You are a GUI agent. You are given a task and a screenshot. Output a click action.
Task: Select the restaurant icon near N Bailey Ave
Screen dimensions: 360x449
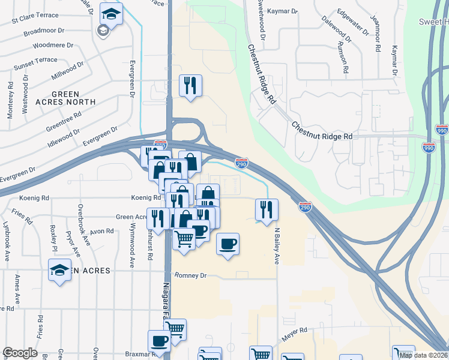pyautogui.click(x=266, y=209)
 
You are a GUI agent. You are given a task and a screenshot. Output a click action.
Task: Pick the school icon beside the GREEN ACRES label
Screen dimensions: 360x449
pyautogui.click(x=60, y=271)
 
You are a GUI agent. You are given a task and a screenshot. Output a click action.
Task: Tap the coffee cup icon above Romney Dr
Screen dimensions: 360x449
pyautogui.click(x=228, y=244)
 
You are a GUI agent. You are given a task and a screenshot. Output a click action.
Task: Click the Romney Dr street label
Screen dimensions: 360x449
pyautogui.click(x=190, y=275)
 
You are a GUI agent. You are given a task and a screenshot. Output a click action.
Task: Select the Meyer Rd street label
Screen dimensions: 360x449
pyautogui.click(x=295, y=330)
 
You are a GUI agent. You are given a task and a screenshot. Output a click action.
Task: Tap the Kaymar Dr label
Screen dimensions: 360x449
pyautogui.click(x=282, y=11)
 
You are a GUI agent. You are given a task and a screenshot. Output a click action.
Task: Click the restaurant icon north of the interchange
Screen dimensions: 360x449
pyautogui.click(x=190, y=85)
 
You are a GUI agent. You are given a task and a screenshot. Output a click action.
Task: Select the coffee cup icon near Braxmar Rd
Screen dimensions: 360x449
pyautogui.click(x=159, y=341)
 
